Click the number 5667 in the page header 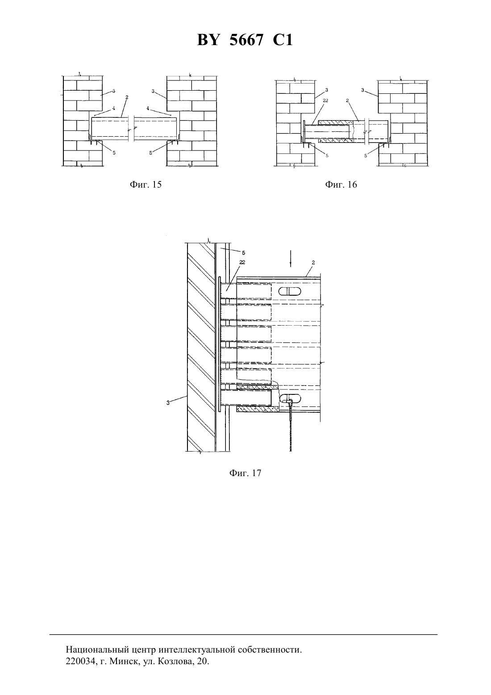click(x=246, y=40)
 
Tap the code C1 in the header click(x=283, y=40)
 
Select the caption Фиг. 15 click(x=146, y=184)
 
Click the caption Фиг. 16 click(x=341, y=184)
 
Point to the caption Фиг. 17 click(x=245, y=473)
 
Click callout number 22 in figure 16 click(x=325, y=100)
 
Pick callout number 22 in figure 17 click(x=242, y=262)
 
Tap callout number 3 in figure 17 click(x=168, y=403)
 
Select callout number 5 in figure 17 click(x=243, y=253)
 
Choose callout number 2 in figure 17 click(x=313, y=263)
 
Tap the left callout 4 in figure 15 click(x=114, y=108)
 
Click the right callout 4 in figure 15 click(x=148, y=108)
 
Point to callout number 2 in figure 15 click(x=127, y=97)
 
